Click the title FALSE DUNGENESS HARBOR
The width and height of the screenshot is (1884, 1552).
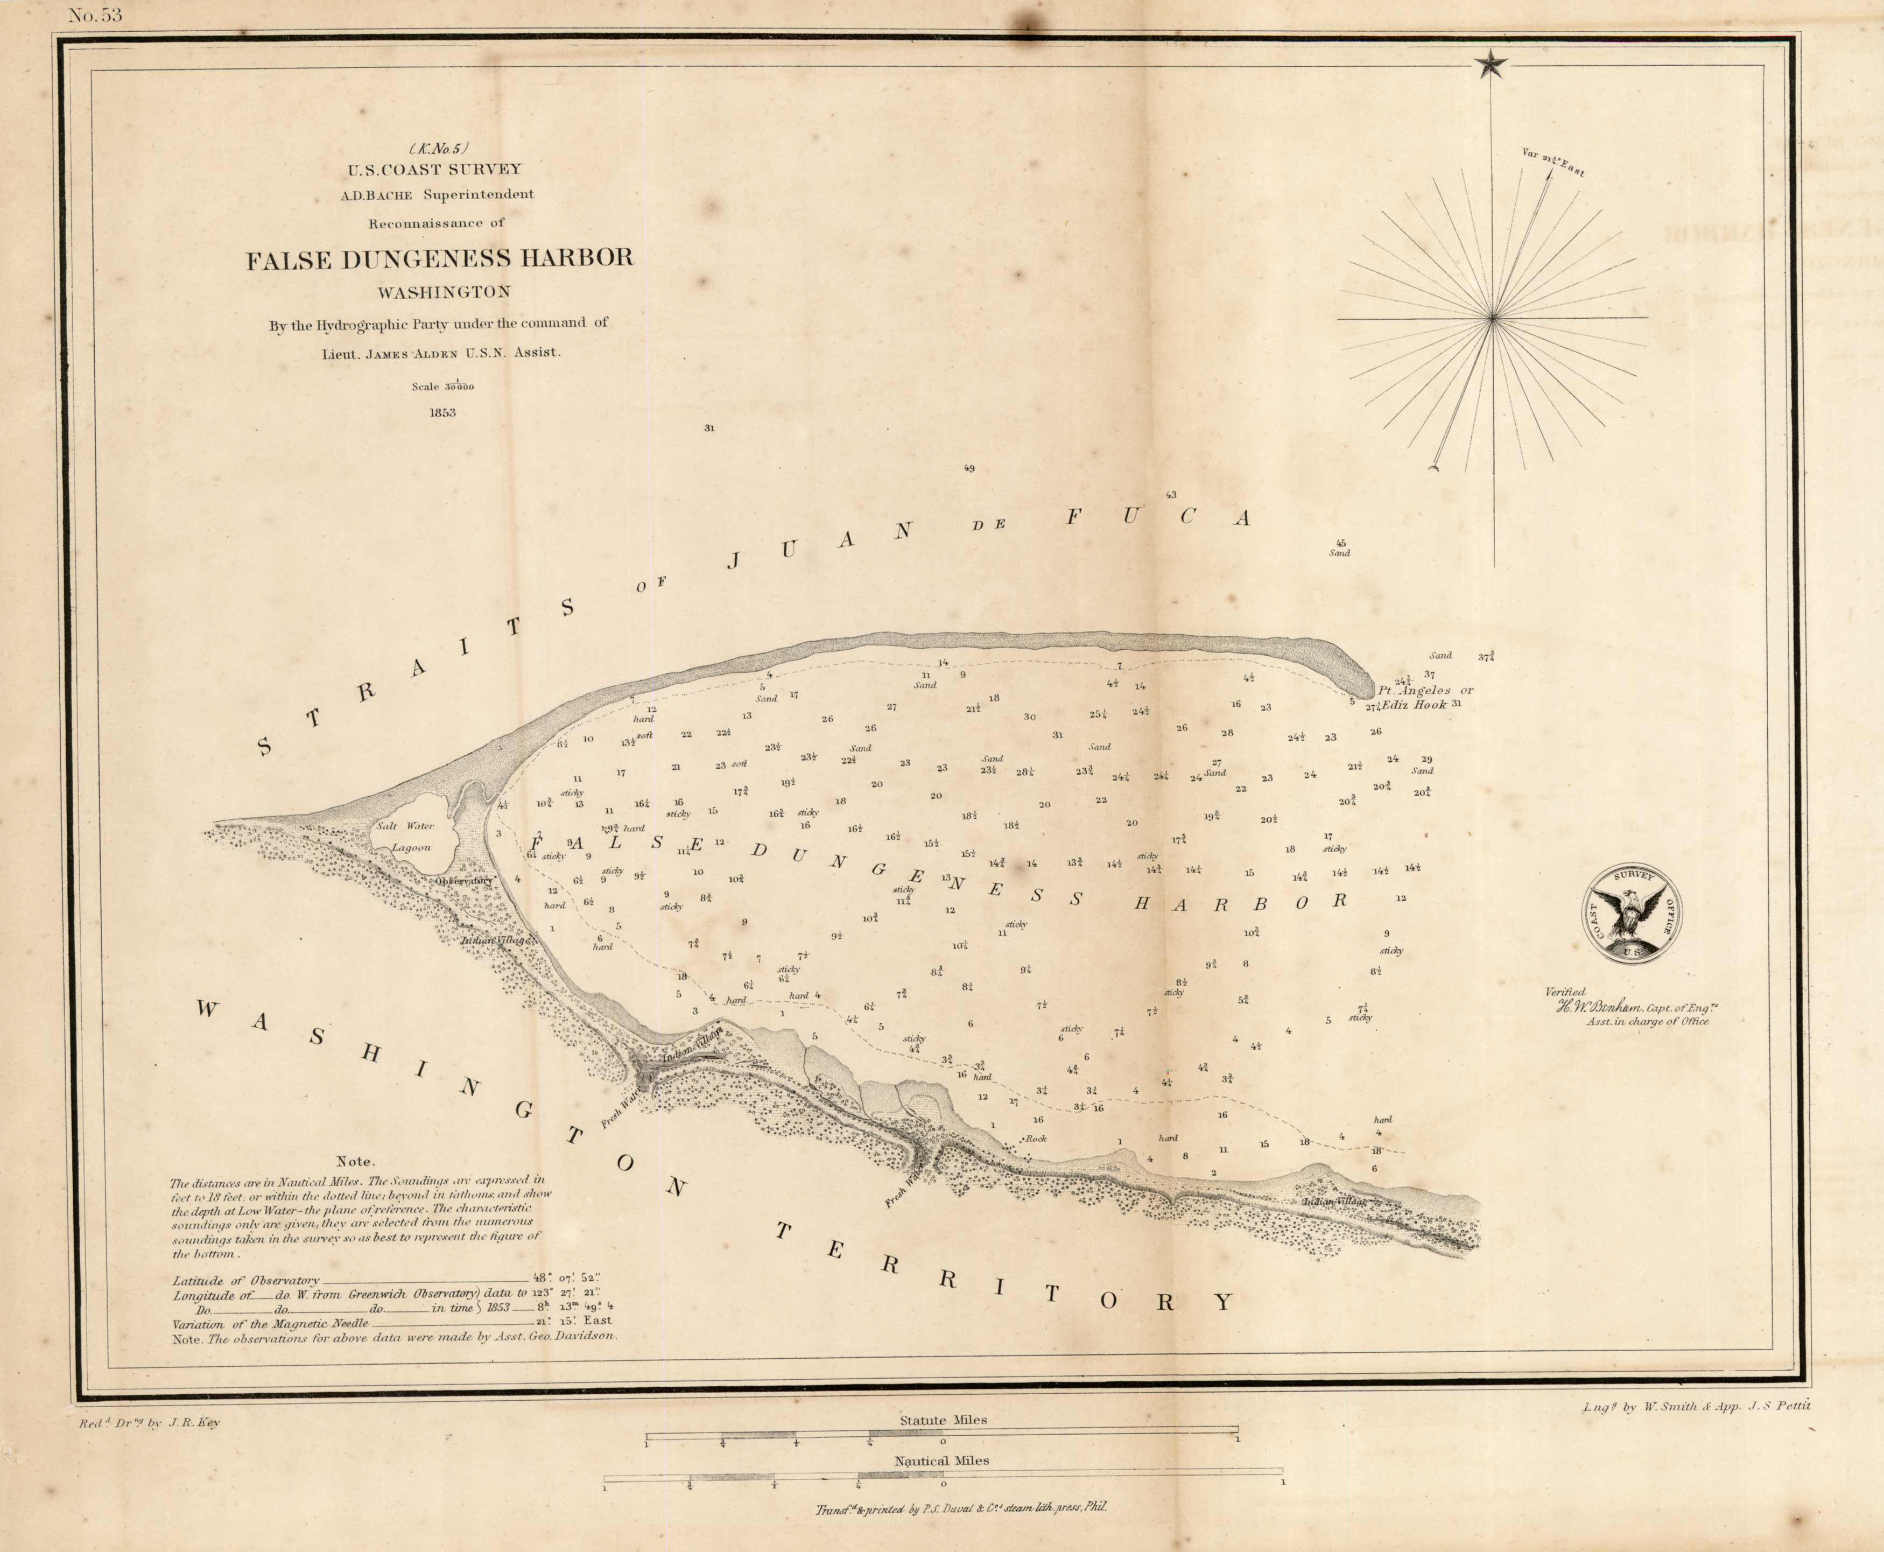pyautogui.click(x=440, y=259)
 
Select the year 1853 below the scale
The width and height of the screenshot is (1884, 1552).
pyautogui.click(x=442, y=413)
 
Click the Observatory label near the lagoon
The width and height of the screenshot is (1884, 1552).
pyautogui.click(x=464, y=881)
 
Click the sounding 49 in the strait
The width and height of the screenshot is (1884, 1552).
pyautogui.click(x=969, y=468)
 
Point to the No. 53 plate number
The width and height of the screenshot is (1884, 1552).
pyautogui.click(x=94, y=15)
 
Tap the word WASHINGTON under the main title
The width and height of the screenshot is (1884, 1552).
pyautogui.click(x=444, y=291)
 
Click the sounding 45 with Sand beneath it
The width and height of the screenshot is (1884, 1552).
pyautogui.click(x=1340, y=543)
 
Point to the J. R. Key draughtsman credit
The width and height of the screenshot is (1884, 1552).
pyautogui.click(x=149, y=1422)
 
